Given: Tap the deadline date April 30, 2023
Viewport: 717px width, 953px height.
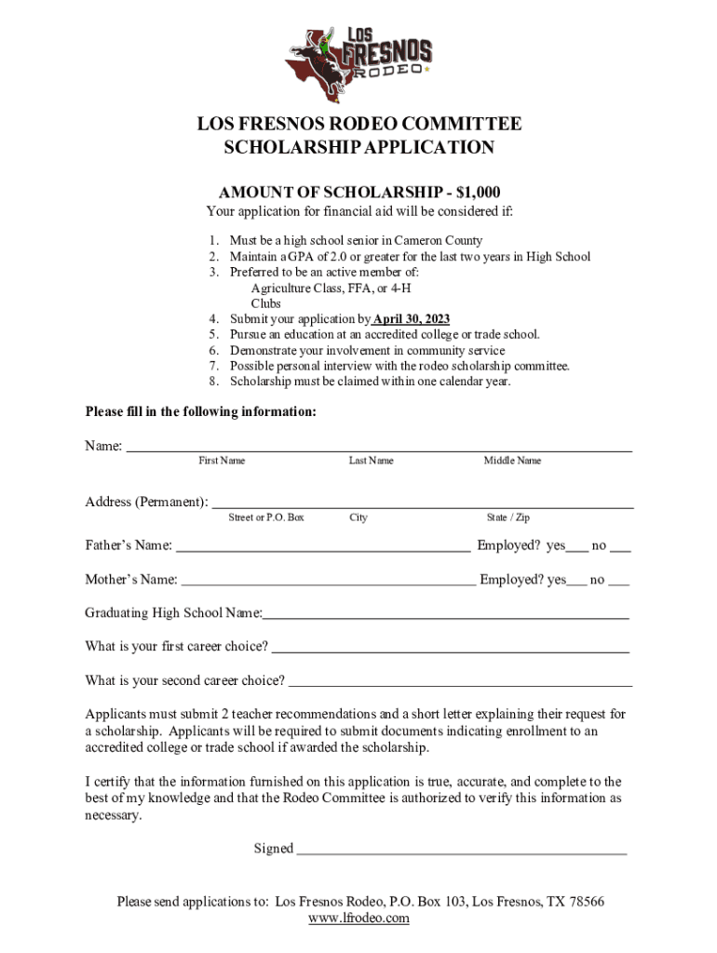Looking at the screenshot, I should pos(412,318).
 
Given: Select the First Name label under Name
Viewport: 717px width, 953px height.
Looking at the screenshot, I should pos(222,461).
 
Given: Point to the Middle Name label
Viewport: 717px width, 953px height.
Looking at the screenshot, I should pos(512,461).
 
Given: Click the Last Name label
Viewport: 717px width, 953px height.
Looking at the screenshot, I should pos(371,461).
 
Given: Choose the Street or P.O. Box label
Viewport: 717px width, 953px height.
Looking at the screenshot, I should pos(266,517).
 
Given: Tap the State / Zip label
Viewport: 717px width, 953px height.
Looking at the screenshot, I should pos(507,517).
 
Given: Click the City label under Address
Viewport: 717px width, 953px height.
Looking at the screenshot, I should pos(358,517).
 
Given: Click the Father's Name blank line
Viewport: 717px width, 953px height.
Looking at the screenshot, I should pos(322,550).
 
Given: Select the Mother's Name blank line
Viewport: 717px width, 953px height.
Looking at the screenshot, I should pos(328,584).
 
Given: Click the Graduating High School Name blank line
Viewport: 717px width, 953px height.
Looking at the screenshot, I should pos(445,617).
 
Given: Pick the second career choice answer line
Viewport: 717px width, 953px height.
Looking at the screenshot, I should pos(460,685).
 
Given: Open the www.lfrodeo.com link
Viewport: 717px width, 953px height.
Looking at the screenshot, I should pos(358,919).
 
